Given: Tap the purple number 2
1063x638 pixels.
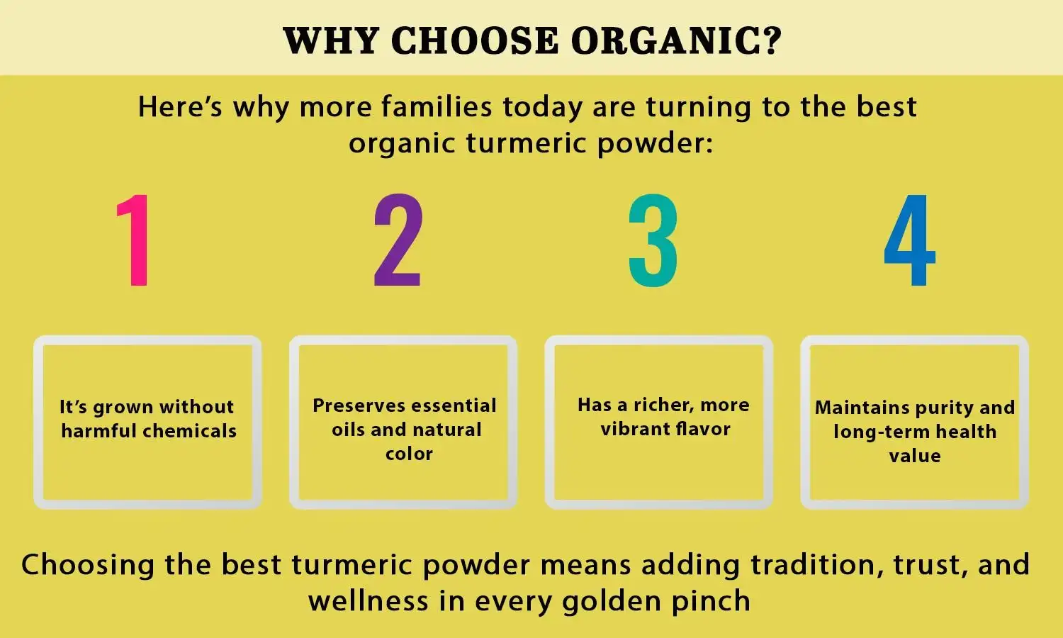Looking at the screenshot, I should pos(398,241).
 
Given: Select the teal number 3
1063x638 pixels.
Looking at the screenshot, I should pos(653,241).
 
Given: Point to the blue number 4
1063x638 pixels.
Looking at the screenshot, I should pos(909,241).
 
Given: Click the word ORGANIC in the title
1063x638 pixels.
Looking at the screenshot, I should pos(675,40).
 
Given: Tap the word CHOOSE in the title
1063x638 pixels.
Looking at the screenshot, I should pos(475,40).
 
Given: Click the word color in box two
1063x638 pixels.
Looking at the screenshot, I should pos(409,454).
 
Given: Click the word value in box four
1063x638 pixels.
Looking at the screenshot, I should pos(915,456).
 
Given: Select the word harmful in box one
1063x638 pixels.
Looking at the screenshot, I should pos(99,431).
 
